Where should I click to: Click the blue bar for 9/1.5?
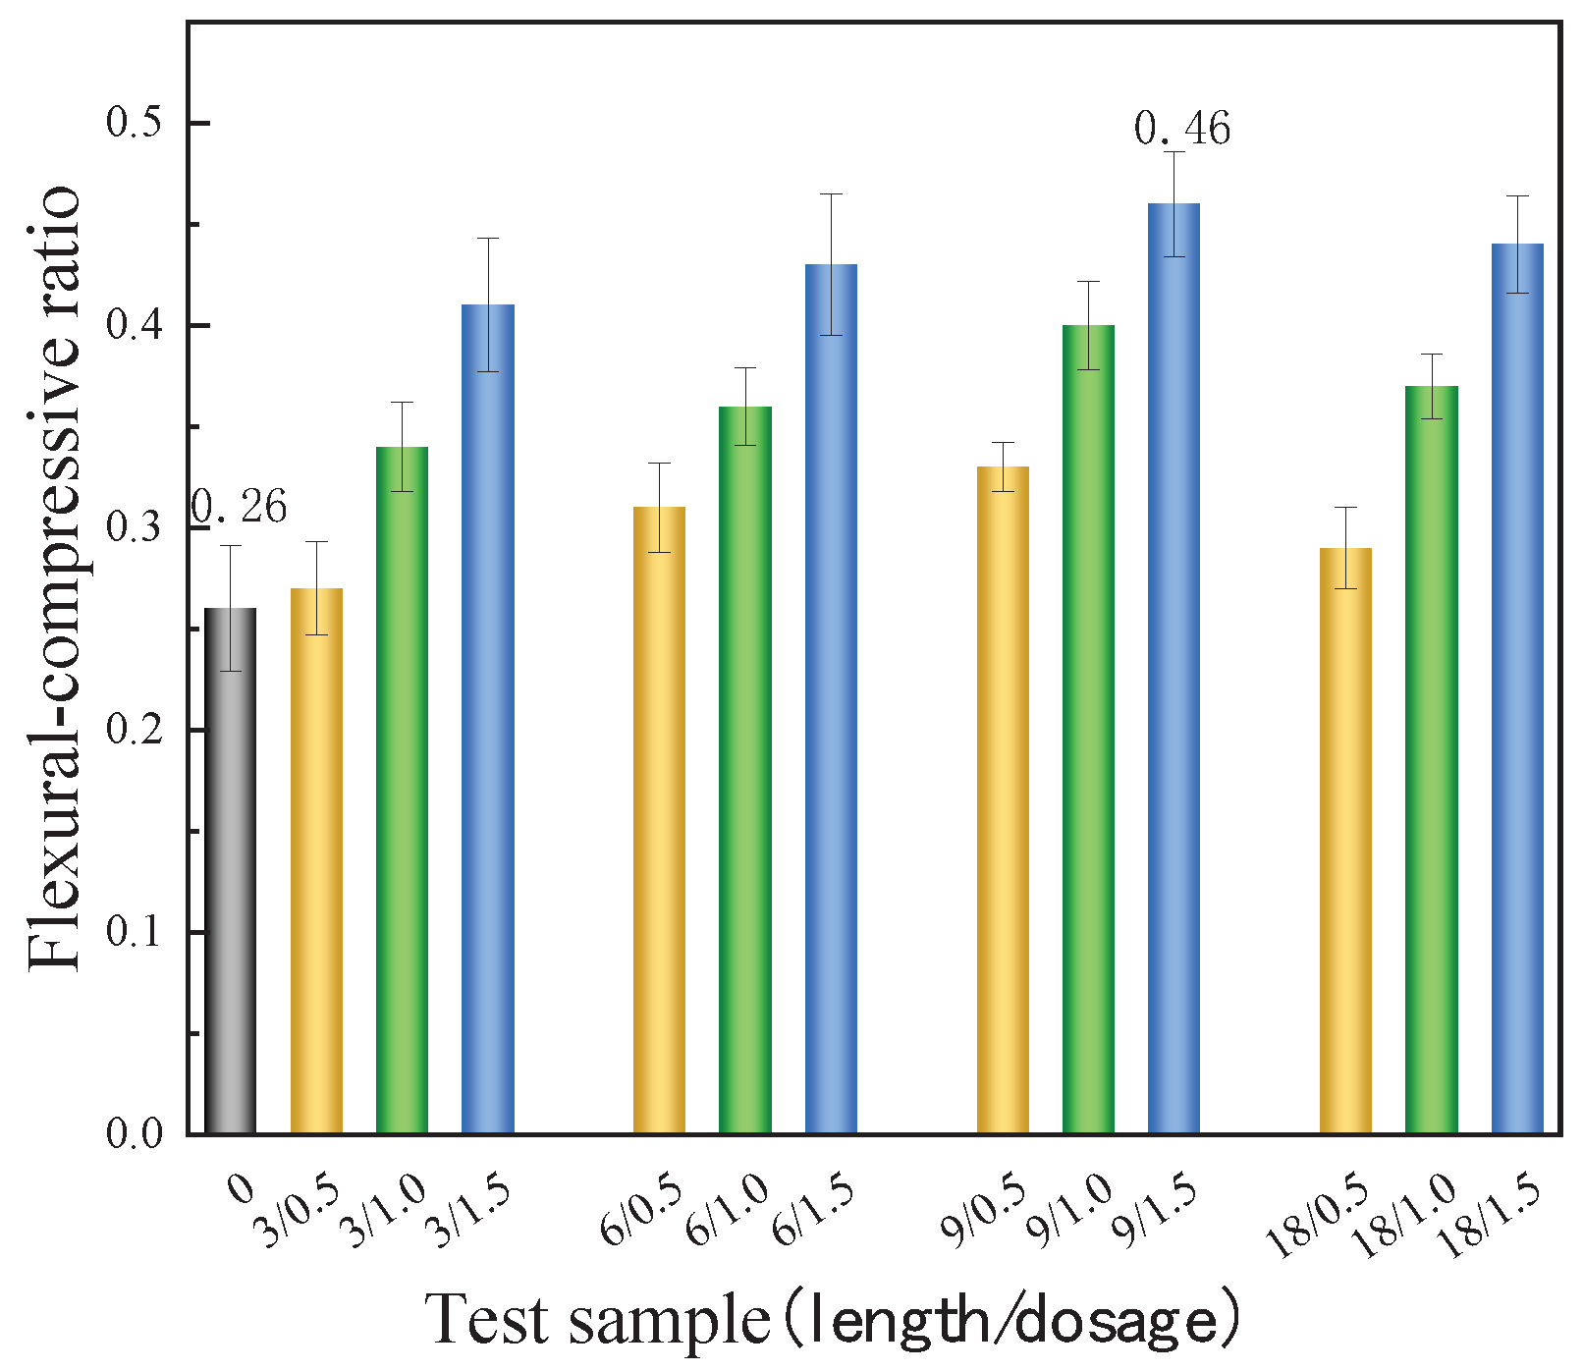[x=1174, y=668]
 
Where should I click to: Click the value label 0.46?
[x=1181, y=130]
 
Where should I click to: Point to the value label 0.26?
[x=239, y=509]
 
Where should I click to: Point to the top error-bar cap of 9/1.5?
[x=1174, y=151]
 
